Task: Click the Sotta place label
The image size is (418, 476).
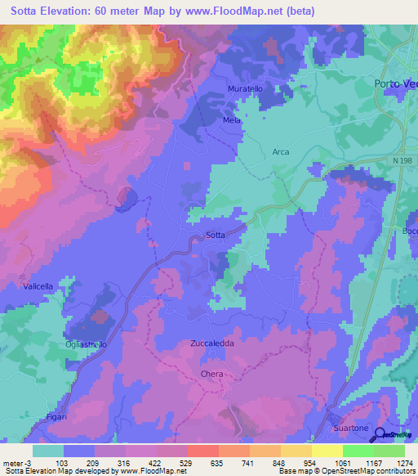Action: [216, 236]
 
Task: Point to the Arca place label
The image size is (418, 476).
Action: [281, 152]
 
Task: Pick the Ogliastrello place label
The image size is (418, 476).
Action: [86, 344]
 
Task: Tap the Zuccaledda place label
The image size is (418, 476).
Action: [212, 344]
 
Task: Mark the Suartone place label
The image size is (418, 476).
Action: [352, 429]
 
